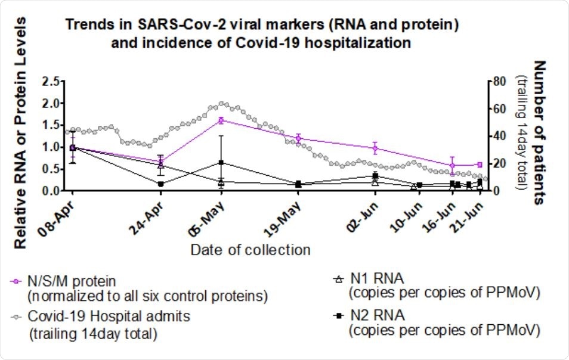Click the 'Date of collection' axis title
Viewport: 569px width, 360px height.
251,249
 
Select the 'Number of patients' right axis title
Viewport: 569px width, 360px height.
540,132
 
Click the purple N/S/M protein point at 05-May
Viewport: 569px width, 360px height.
221,120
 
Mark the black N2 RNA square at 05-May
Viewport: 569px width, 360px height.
221,162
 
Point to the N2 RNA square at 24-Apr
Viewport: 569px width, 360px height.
161,184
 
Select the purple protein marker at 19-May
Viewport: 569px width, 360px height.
298,138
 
